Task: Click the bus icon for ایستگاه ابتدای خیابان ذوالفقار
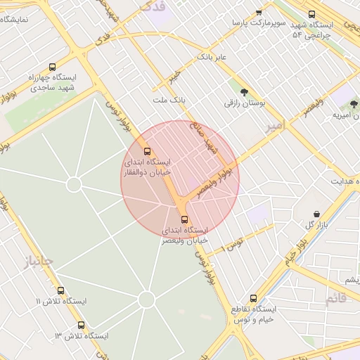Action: pyautogui.click(x=147, y=151)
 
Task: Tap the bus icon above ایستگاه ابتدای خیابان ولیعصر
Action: pyautogui.click(x=185, y=219)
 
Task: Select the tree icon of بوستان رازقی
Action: pyautogui.click(x=244, y=91)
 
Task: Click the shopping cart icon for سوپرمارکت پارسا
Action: pyautogui.click(x=259, y=12)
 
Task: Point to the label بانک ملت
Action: pyautogui.click(x=169, y=101)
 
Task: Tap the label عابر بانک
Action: pyautogui.click(x=211, y=56)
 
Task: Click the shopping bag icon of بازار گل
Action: pyautogui.click(x=316, y=214)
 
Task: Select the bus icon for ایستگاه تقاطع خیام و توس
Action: pyautogui.click(x=254, y=297)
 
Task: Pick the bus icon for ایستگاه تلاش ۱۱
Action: pyautogui.click(x=60, y=290)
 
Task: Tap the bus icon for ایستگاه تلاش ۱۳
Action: pyautogui.click(x=82, y=326)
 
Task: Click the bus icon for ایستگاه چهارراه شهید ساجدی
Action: pyautogui.click(x=53, y=67)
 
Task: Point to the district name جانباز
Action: pyautogui.click(x=37, y=262)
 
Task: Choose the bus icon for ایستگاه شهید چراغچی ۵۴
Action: pyautogui.click(x=311, y=13)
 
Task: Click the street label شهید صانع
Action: pyautogui.click(x=210, y=140)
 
